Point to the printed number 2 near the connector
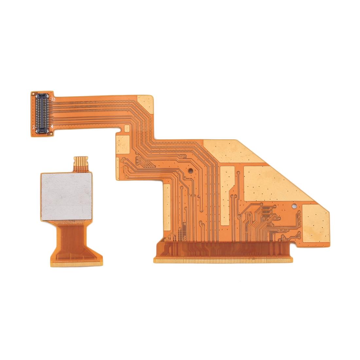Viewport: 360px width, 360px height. [34, 127]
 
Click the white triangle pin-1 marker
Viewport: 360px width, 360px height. [53, 127]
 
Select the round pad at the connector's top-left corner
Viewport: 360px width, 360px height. [33, 95]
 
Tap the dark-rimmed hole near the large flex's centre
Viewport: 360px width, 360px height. [189, 171]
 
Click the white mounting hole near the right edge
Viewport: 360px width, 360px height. [294, 206]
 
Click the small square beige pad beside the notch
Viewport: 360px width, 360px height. [123, 145]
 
